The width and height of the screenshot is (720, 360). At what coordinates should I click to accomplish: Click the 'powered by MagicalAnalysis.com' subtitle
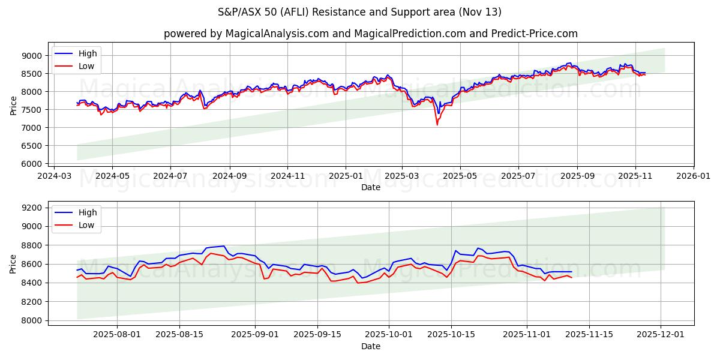point(371,34)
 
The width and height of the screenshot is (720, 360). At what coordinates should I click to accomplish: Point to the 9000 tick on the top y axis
point(32,56)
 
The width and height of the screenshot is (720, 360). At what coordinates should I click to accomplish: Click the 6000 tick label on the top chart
point(32,164)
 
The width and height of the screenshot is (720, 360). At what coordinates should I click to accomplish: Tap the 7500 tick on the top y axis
point(32,110)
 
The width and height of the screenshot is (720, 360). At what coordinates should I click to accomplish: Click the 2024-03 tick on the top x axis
point(55,176)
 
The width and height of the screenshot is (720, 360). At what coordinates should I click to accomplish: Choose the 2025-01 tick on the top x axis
point(346,176)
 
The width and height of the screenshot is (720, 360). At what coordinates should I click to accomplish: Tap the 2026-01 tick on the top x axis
point(694,176)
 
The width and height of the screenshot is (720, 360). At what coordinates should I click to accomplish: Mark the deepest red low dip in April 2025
point(437,125)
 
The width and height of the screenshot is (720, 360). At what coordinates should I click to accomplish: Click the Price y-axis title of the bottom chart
point(13,263)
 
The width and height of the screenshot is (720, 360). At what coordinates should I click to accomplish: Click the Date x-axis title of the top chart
point(371,187)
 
